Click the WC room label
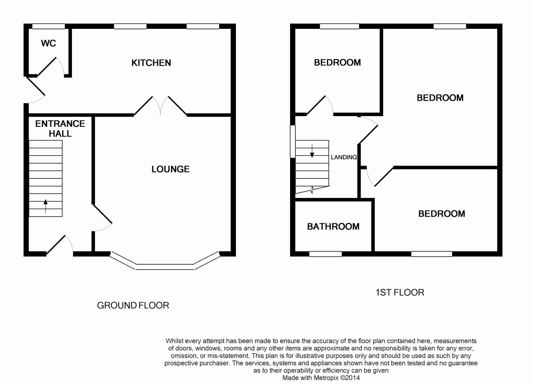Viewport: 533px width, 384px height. point(48,43)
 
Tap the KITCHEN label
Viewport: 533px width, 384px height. point(151,63)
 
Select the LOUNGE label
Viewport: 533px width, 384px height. point(171,169)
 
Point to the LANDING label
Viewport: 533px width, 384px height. point(344,158)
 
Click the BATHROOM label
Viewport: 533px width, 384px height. point(333,226)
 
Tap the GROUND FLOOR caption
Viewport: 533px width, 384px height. point(133,305)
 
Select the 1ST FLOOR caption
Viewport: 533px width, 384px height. point(400,292)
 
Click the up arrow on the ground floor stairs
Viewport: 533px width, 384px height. point(45,206)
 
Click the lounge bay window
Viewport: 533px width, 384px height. point(165,267)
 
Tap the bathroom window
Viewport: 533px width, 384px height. point(325,254)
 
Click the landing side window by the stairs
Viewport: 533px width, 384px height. point(293,141)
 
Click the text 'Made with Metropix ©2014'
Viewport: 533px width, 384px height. point(321,378)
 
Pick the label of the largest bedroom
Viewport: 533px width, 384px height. point(440,98)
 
